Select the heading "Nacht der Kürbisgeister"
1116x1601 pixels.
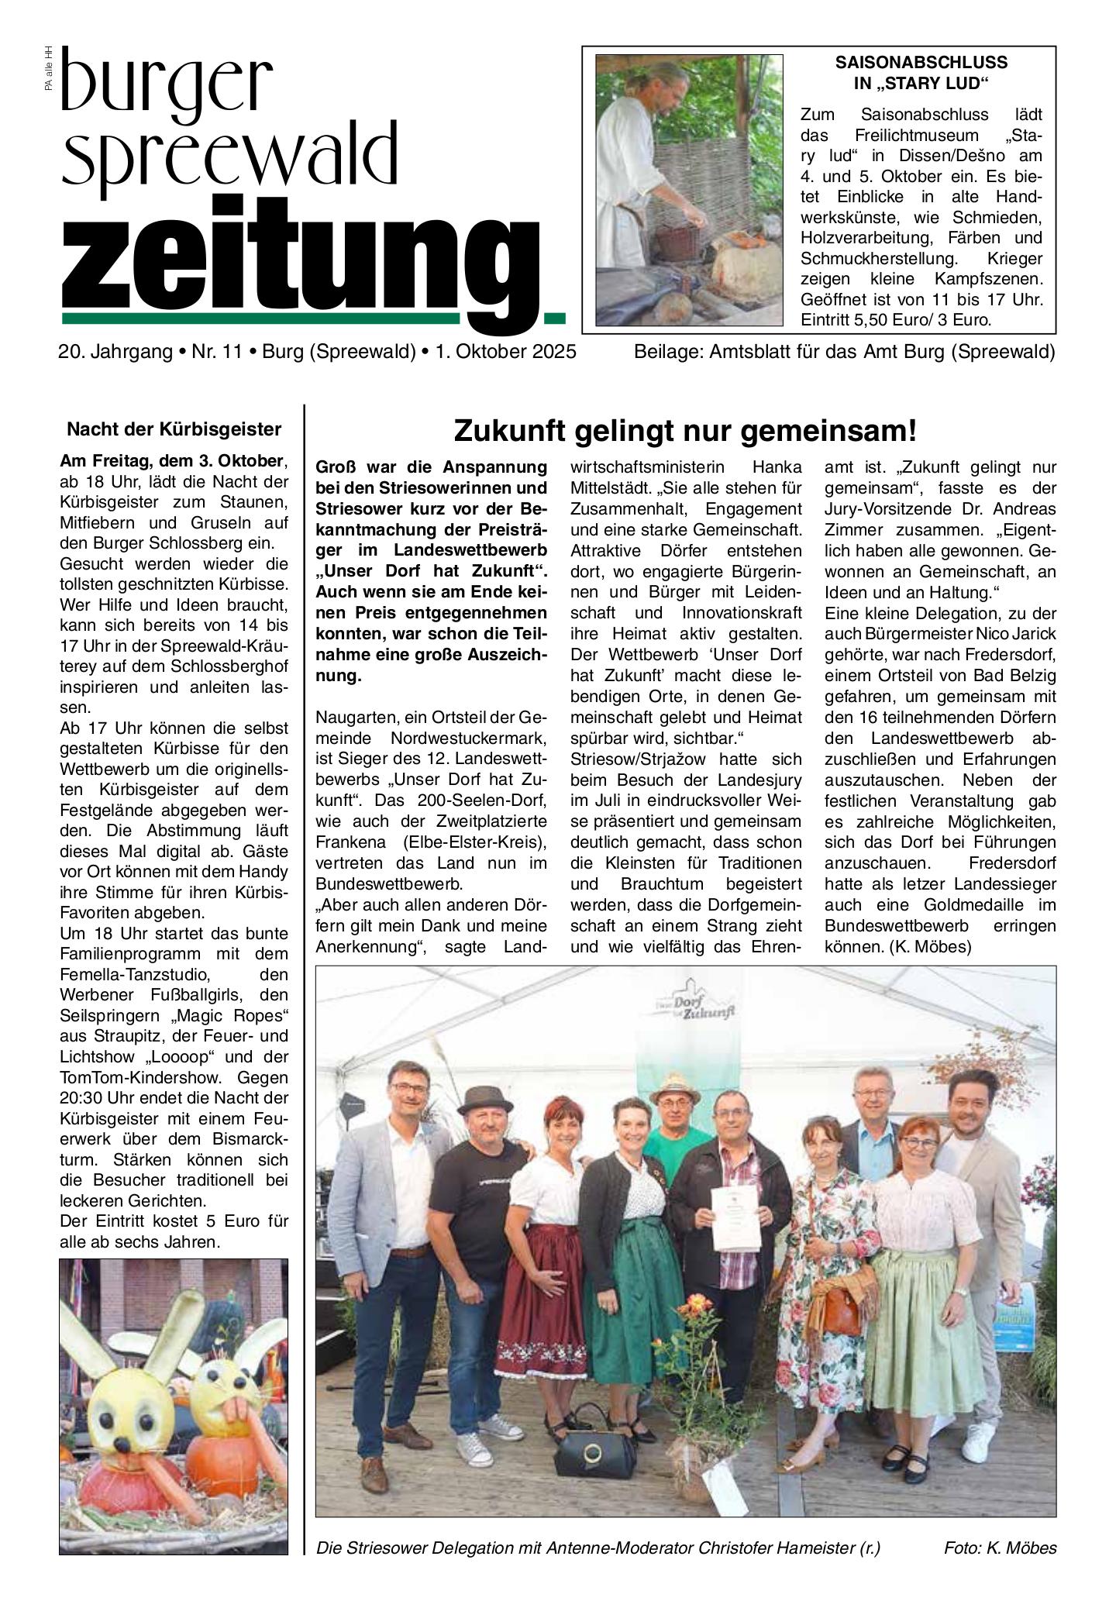click(174, 429)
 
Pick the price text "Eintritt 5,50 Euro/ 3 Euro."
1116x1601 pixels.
click(896, 318)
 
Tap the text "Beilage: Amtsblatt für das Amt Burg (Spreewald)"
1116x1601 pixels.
click(844, 352)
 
